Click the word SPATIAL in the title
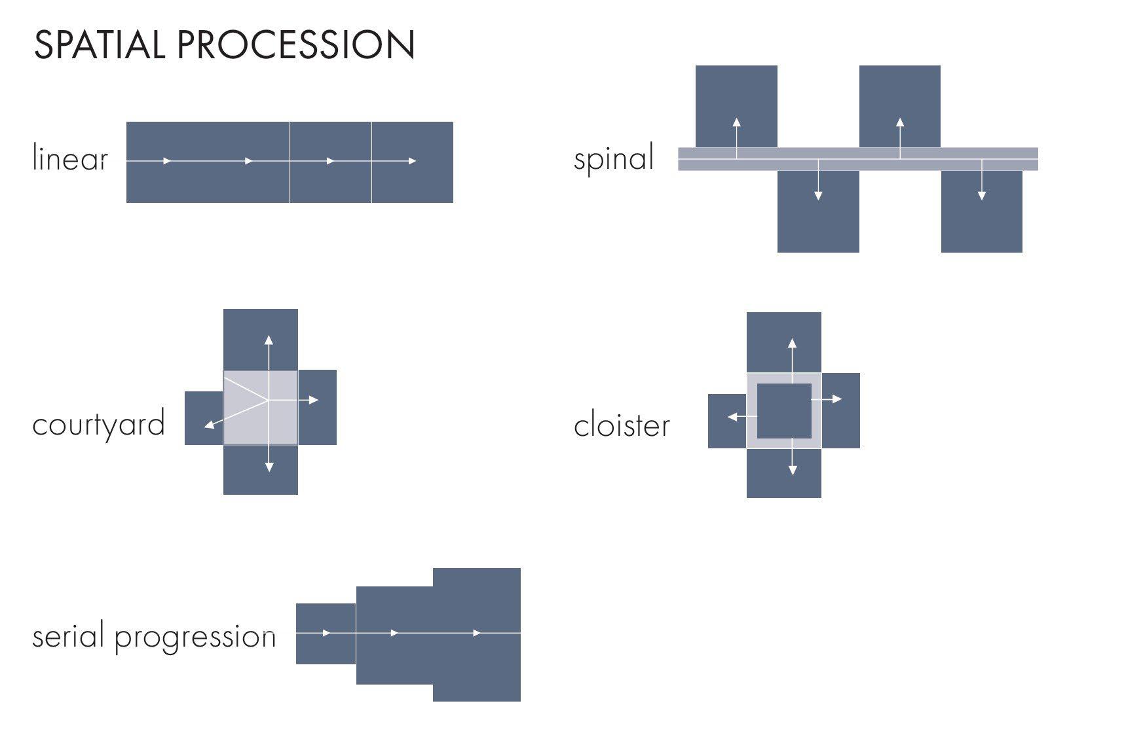pos(98,45)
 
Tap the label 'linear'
pos(69,159)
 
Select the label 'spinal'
pos(614,158)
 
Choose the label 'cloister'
pos(622,426)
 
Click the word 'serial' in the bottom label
pos(68,635)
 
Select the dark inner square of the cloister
pos(784,411)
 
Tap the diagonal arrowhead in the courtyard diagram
pos(208,426)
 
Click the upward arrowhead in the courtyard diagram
pos(269,339)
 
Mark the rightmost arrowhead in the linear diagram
pos(412,161)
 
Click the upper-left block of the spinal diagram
pos(736,98)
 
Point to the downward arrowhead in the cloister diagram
pos(793,470)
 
